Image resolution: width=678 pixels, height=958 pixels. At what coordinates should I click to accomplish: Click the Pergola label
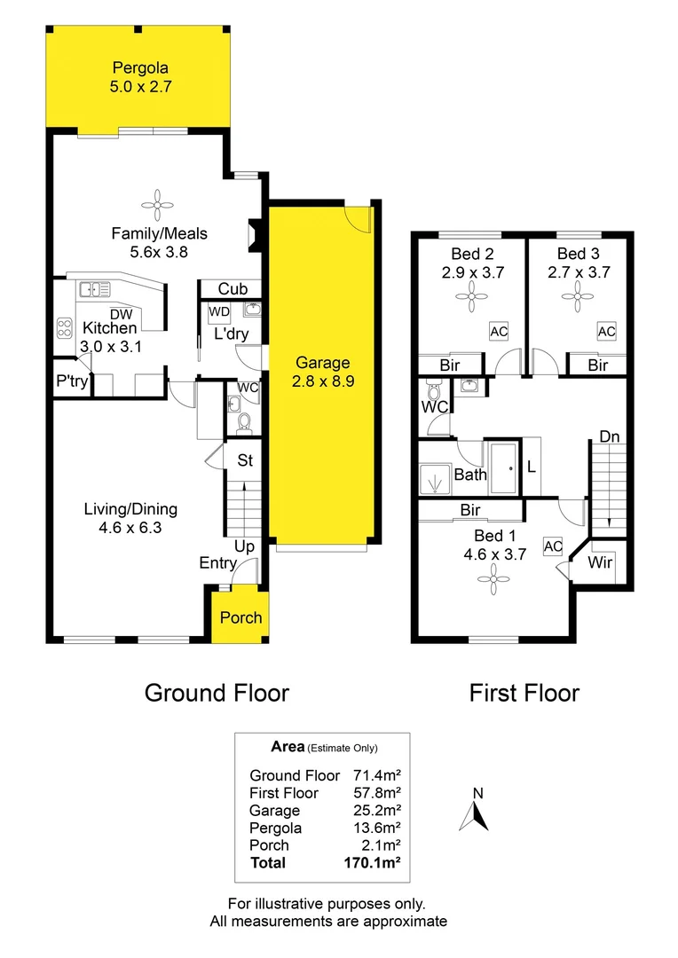(x=140, y=67)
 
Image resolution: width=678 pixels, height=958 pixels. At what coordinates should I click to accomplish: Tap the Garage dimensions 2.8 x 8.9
(x=323, y=381)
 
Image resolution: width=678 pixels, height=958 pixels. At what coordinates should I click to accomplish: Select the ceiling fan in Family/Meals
(x=159, y=205)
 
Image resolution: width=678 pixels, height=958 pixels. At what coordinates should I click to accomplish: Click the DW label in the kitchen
(x=121, y=313)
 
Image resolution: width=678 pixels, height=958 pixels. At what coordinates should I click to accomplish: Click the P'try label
(x=68, y=385)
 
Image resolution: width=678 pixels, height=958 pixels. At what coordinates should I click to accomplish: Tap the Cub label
(x=233, y=289)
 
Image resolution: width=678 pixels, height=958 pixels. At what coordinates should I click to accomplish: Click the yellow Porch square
(x=240, y=616)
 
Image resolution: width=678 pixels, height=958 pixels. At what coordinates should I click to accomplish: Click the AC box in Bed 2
(x=498, y=331)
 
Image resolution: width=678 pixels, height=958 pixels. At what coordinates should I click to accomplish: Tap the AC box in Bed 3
(x=606, y=331)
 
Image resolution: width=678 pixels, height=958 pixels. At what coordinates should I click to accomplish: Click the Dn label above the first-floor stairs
(x=610, y=436)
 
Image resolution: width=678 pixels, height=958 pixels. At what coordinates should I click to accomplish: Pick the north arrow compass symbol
(x=475, y=813)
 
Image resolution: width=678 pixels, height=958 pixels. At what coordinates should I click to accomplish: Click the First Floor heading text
(x=524, y=693)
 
